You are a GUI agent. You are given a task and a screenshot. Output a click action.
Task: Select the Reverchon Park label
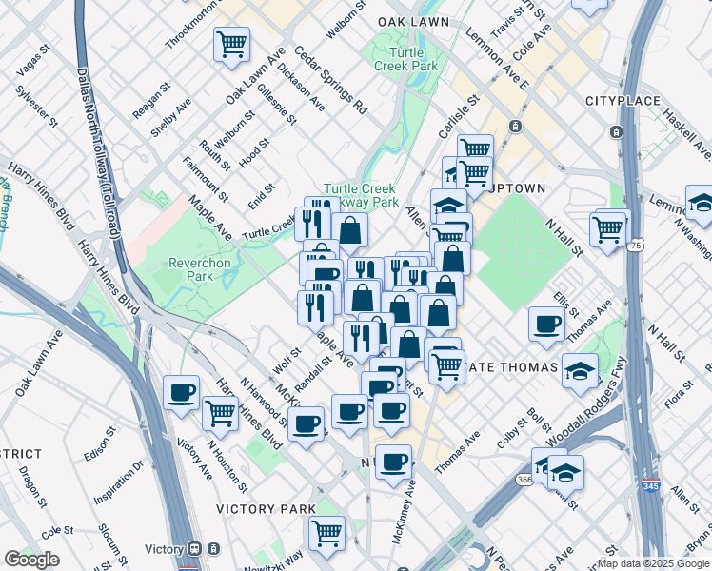point(200,269)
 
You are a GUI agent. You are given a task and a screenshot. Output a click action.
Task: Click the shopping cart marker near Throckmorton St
point(231,44)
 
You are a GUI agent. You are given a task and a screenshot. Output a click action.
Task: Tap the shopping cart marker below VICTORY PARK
point(326,531)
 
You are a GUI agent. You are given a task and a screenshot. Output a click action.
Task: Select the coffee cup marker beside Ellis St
point(547,325)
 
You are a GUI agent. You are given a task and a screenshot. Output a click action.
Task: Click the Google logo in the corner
point(31,560)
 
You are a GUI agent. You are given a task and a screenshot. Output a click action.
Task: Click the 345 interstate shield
point(651,483)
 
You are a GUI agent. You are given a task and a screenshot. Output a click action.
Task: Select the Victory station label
point(164,549)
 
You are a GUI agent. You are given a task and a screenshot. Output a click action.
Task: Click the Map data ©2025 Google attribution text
point(653,563)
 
